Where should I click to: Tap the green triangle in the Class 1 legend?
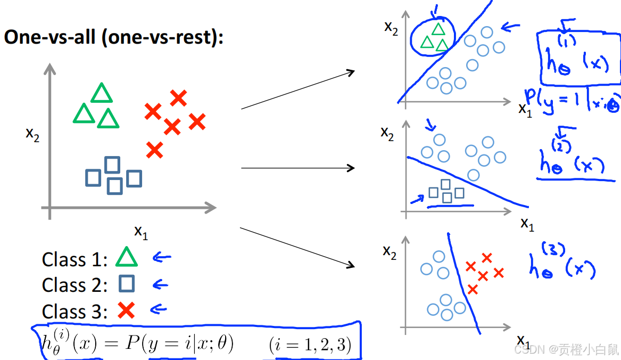(x=127, y=258)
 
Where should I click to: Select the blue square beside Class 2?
(x=127, y=283)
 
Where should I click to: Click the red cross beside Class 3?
(x=126, y=309)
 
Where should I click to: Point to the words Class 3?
(x=74, y=311)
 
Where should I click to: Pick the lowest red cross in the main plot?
(x=154, y=150)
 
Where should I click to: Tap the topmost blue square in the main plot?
(x=112, y=165)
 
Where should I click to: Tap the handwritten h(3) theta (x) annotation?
(x=561, y=264)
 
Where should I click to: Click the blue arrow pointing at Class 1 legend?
(x=162, y=258)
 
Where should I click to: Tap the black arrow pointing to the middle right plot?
(x=298, y=168)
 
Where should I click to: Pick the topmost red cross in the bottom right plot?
(x=486, y=258)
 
